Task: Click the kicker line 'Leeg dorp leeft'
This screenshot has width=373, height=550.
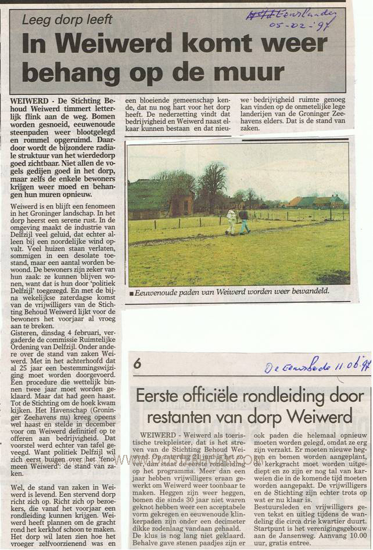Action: pyautogui.click(x=67, y=20)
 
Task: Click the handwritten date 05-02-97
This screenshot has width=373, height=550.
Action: pyautogui.click(x=297, y=26)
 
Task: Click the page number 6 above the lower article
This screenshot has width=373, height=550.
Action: pyautogui.click(x=137, y=364)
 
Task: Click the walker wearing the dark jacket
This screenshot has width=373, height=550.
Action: pyautogui.click(x=243, y=221)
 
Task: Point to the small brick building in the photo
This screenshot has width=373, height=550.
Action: pyautogui.click(x=182, y=205)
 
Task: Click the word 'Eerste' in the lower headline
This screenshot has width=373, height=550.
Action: pyautogui.click(x=157, y=396)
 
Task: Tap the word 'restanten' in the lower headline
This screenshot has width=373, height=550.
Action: pyautogui.click(x=178, y=417)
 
